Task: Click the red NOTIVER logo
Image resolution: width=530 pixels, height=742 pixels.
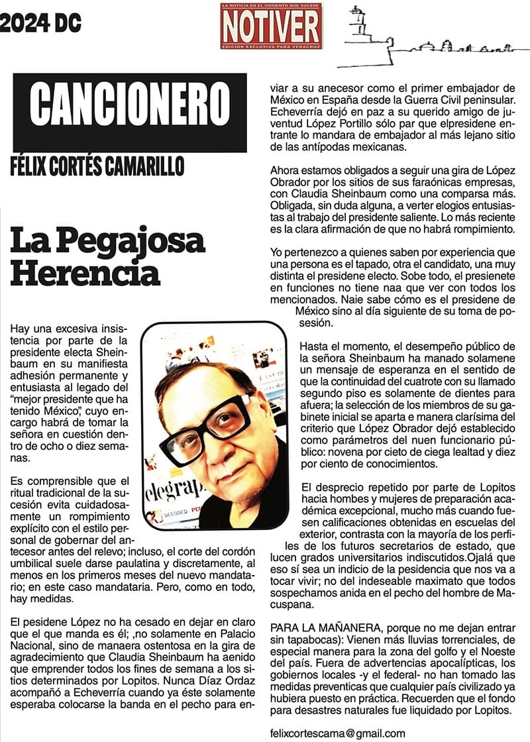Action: pyautogui.click(x=272, y=26)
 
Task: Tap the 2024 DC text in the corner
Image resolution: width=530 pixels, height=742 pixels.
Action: pyautogui.click(x=40, y=24)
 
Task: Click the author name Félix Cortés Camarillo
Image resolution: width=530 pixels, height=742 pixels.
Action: pyautogui.click(x=97, y=166)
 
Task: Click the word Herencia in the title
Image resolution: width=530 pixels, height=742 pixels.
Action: pyautogui.click(x=85, y=272)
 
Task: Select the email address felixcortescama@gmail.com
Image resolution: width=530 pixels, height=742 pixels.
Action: pyautogui.click(x=338, y=733)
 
